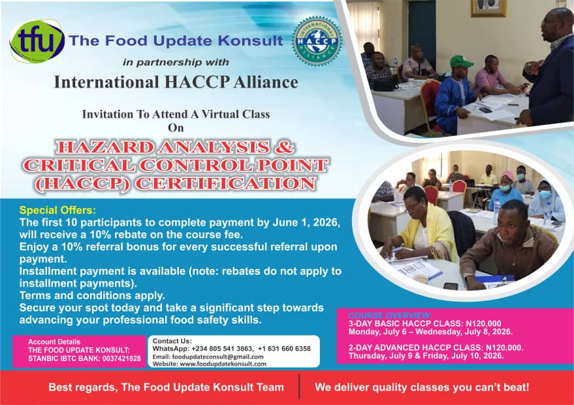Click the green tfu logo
click(x=37, y=41)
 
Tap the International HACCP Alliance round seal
click(x=317, y=41)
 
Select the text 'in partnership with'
click(x=176, y=62)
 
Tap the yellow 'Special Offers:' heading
click(x=57, y=210)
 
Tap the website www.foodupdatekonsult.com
click(x=223, y=364)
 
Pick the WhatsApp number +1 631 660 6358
click(x=284, y=349)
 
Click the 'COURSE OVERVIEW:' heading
click(x=391, y=315)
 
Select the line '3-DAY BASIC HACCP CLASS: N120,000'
click(x=424, y=323)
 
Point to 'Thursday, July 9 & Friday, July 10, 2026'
click(x=425, y=355)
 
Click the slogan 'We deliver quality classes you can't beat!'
click(x=422, y=387)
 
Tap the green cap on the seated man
click(x=461, y=61)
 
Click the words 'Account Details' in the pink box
click(x=54, y=342)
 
